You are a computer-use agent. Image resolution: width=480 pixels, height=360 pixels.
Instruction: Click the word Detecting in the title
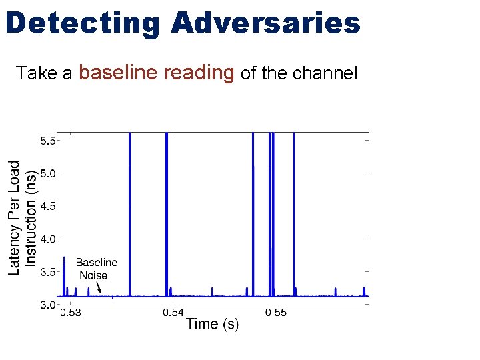point(83,23)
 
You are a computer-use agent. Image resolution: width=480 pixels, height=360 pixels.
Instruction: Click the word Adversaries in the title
point(265,23)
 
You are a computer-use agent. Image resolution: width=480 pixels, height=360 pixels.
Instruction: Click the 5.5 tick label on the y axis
point(48,141)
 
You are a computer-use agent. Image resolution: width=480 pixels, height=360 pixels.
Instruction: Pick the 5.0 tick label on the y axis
point(48,173)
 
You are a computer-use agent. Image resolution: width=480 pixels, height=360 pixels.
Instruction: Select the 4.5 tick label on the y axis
point(48,206)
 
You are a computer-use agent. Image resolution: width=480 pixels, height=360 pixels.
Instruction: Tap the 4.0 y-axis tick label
point(48,239)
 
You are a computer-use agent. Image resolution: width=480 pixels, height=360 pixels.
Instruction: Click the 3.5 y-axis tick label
point(48,272)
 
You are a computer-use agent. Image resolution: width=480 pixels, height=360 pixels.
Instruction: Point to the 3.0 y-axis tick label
point(48,305)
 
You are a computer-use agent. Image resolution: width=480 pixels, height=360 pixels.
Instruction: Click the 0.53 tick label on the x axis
point(71,312)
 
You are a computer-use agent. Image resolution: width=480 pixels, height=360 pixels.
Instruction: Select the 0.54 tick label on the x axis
point(173,312)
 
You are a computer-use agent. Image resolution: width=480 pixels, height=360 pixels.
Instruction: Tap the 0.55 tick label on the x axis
point(276,312)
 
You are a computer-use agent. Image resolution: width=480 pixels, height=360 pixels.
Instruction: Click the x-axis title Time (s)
point(212,325)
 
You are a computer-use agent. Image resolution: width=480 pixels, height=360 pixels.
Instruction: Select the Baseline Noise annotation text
point(96,269)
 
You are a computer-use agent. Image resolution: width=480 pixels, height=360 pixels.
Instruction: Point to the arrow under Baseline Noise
point(99,288)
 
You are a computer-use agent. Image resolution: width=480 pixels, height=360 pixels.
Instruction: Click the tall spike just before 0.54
point(167,213)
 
